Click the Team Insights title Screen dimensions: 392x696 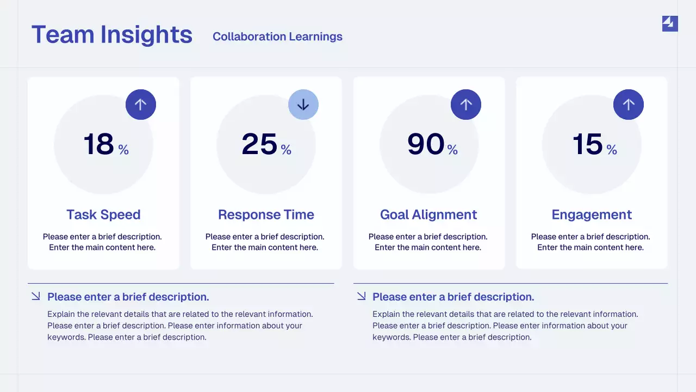pyautogui.click(x=112, y=35)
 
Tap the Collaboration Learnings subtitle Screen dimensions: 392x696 pyautogui.click(x=277, y=36)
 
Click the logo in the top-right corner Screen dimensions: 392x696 pyautogui.click(x=670, y=23)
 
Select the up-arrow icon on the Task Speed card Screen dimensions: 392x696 pyautogui.click(x=141, y=105)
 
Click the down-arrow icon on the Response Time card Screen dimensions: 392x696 pyautogui.click(x=303, y=105)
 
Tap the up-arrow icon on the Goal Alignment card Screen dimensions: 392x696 pyautogui.click(x=466, y=105)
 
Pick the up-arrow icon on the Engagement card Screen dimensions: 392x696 pyautogui.click(x=629, y=105)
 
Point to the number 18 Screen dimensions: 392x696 pyautogui.click(x=98, y=145)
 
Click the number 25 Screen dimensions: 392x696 pyautogui.click(x=259, y=145)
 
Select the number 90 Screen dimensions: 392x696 pyautogui.click(x=426, y=145)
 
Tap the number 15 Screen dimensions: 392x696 pyautogui.click(x=587, y=145)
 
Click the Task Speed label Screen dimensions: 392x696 pyautogui.click(x=103, y=215)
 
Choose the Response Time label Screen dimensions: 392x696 pyautogui.click(x=266, y=215)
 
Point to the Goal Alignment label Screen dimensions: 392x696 pyautogui.click(x=428, y=215)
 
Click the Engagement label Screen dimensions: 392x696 pyautogui.click(x=592, y=215)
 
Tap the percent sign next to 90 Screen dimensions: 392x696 pyautogui.click(x=452, y=150)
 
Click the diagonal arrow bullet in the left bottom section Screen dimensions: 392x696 pyautogui.click(x=36, y=296)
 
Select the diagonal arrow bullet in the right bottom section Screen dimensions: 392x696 pyautogui.click(x=361, y=296)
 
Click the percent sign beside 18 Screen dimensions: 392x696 pyautogui.click(x=123, y=150)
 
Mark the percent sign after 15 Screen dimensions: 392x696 pyautogui.click(x=612, y=150)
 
